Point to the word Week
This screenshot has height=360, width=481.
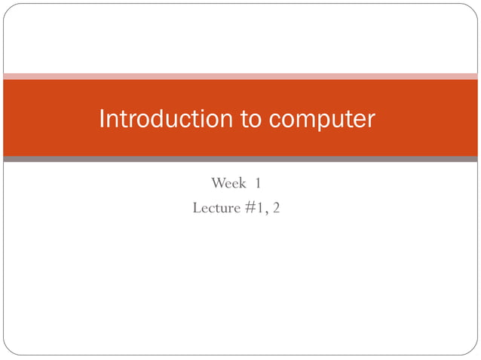(x=228, y=183)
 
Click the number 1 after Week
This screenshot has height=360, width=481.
(x=258, y=183)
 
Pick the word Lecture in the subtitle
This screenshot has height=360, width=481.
(x=217, y=207)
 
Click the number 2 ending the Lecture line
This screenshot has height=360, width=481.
(x=276, y=207)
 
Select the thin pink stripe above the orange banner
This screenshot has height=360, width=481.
(x=240, y=76)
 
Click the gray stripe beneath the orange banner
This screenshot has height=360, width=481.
(x=240, y=159)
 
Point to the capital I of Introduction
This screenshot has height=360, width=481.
(x=103, y=119)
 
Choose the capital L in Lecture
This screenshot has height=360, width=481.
(x=197, y=207)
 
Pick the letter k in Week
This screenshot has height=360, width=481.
(x=242, y=183)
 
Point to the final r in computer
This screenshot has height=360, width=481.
(x=370, y=121)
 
